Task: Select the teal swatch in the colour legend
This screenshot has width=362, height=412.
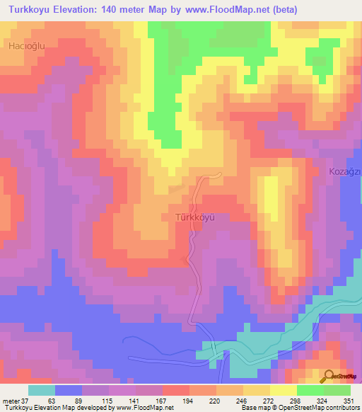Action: click(41, 390)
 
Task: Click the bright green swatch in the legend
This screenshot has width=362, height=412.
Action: click(310, 390)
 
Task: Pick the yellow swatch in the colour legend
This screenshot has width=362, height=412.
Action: click(284, 390)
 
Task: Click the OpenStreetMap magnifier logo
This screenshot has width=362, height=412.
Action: click(328, 377)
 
